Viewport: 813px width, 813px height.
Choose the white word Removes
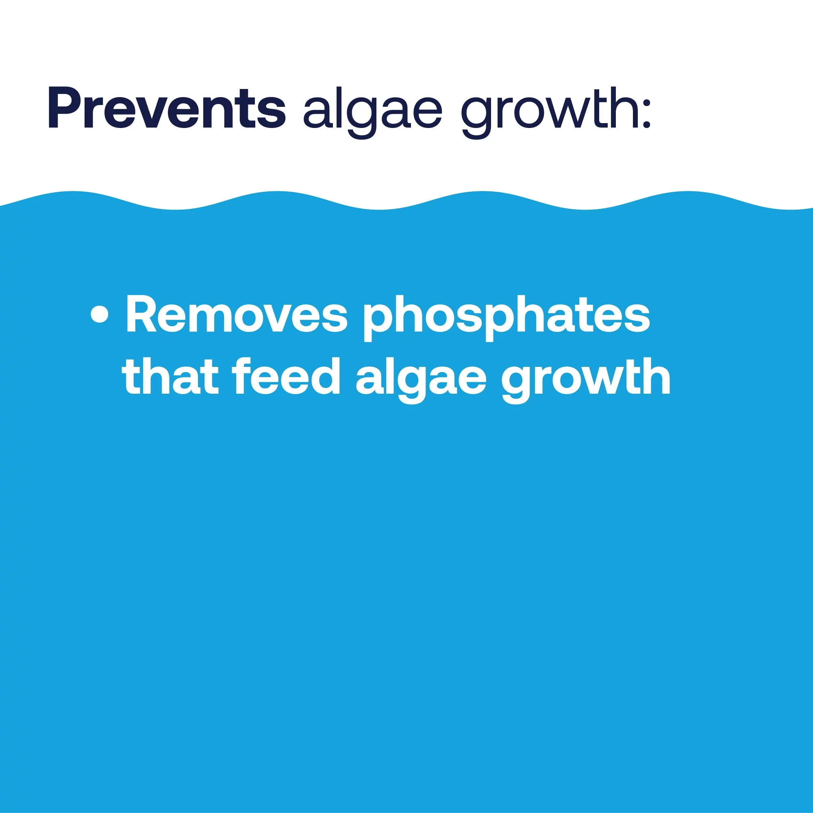(x=237, y=314)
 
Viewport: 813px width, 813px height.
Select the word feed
(x=286, y=376)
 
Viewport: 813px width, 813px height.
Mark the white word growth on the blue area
(x=586, y=380)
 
